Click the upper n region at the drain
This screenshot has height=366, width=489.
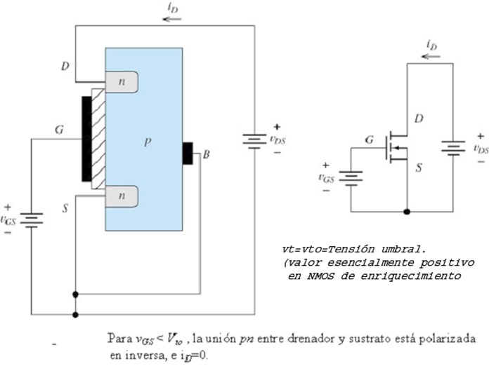click(x=121, y=83)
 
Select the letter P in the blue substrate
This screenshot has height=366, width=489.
click(x=148, y=142)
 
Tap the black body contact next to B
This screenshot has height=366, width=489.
click(x=188, y=153)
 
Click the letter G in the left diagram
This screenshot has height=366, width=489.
click(x=60, y=130)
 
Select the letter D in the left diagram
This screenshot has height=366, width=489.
click(x=65, y=67)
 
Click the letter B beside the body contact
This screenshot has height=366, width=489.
click(x=206, y=154)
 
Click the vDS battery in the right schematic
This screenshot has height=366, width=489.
click(x=452, y=148)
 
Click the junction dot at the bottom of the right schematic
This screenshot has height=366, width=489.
click(x=407, y=211)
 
